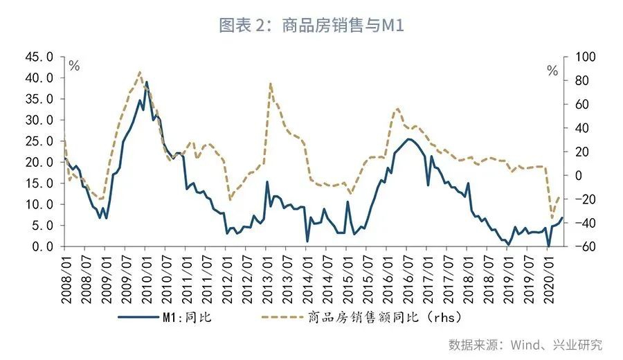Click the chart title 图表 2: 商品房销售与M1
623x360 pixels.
click(x=311, y=26)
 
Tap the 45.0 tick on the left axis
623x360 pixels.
click(x=38, y=57)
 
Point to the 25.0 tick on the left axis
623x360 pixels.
click(x=38, y=141)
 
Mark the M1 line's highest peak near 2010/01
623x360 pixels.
click(x=146, y=82)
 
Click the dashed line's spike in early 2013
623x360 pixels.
click(x=269, y=83)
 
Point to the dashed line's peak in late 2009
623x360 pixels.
click(x=140, y=71)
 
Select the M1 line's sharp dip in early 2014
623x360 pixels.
click(x=307, y=241)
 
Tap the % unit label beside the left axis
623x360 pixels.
click(x=74, y=66)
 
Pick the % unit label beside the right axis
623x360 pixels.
click(x=552, y=71)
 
